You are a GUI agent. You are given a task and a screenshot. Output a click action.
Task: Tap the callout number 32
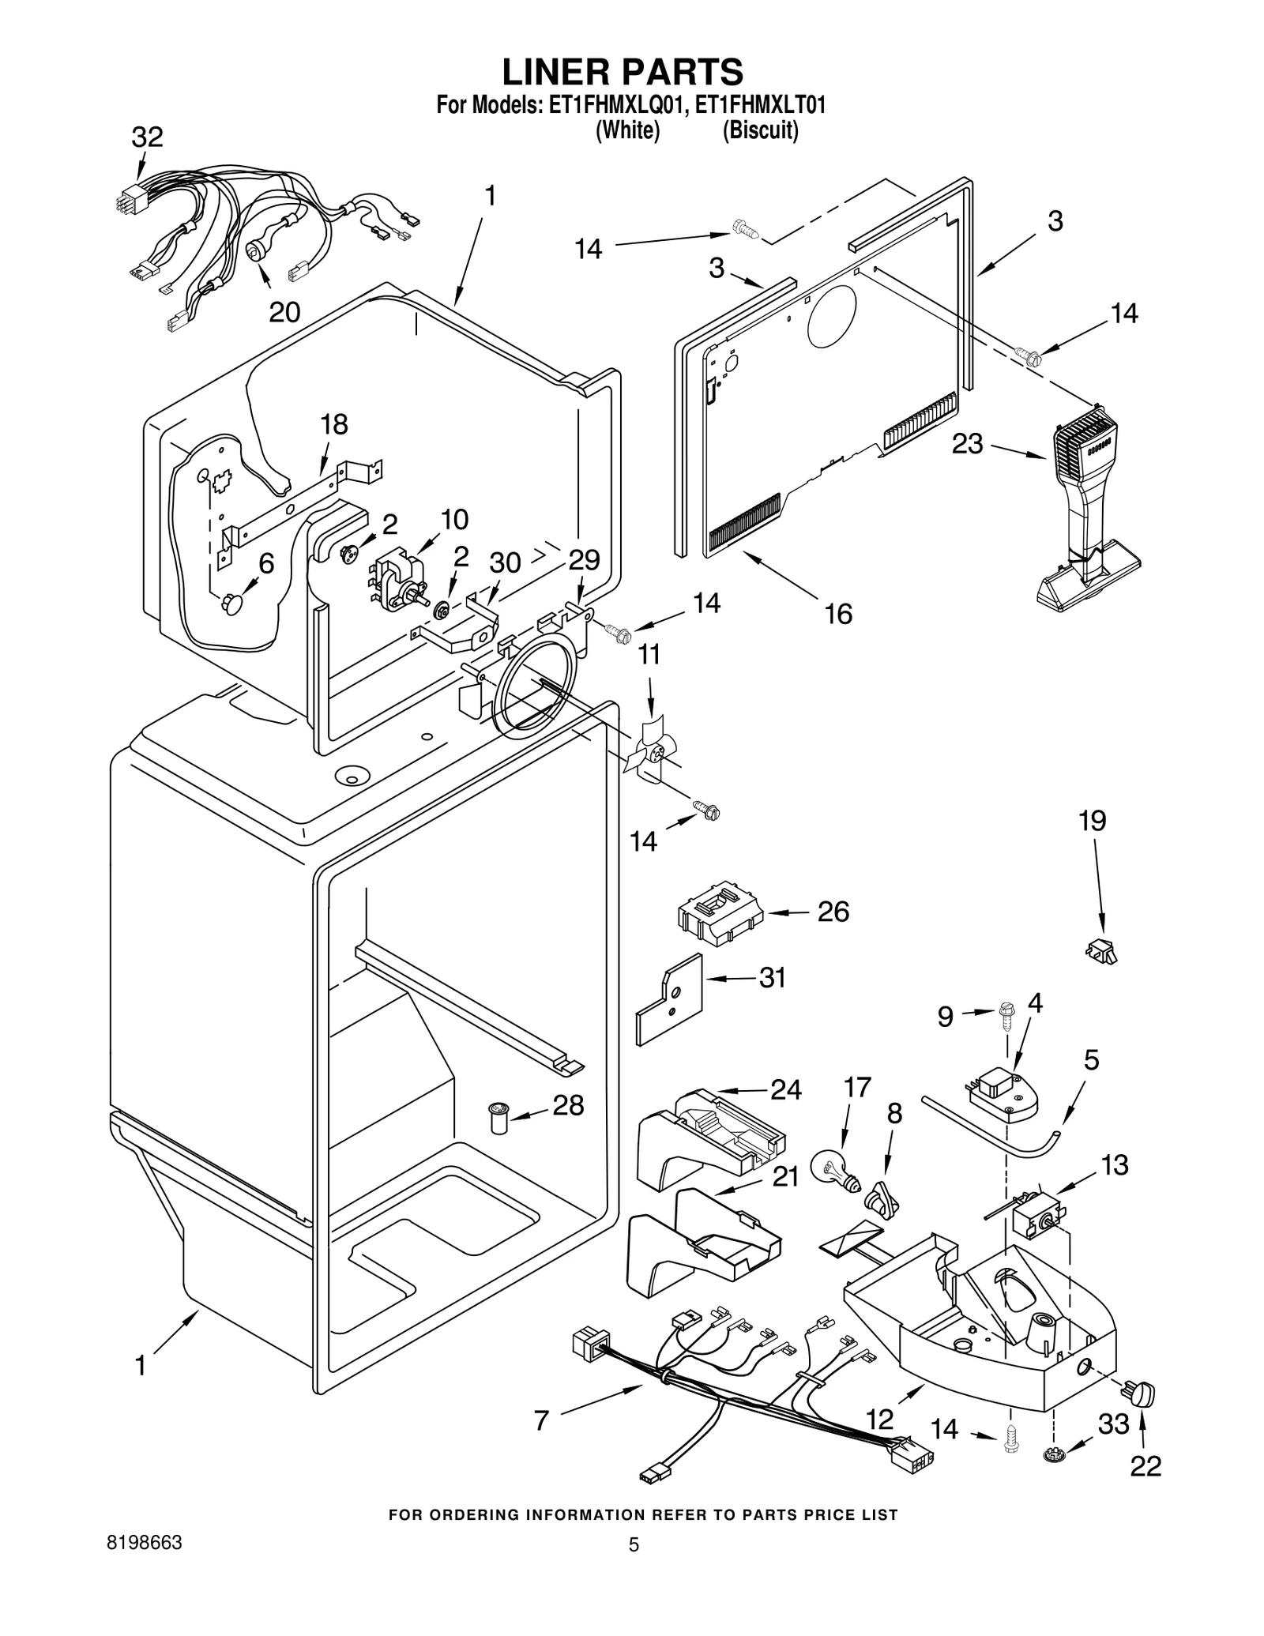(147, 137)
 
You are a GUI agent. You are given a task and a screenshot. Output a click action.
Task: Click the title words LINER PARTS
(623, 72)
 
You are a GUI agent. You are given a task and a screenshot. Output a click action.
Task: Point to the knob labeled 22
(1142, 1394)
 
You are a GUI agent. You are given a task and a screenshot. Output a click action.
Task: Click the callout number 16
(838, 614)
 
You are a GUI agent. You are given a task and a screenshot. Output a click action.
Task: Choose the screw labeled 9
(1006, 1014)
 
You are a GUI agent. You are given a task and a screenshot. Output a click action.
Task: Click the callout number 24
(786, 1090)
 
